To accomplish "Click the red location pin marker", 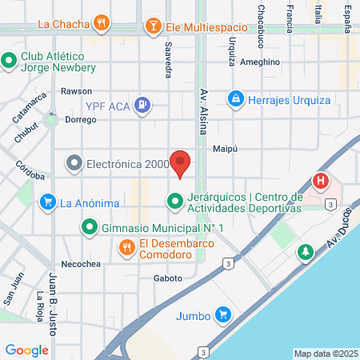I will (181, 163).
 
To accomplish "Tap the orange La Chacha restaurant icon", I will (100, 23).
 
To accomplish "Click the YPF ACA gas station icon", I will (142, 103).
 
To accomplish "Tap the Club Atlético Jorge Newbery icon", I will (10, 61).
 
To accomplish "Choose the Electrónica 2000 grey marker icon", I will (74, 164).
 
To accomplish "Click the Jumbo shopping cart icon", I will (225, 315).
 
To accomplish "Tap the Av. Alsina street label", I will (204, 105).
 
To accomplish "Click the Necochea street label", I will (78, 263).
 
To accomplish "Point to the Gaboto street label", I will (168, 278).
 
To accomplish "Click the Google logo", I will (26, 350).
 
